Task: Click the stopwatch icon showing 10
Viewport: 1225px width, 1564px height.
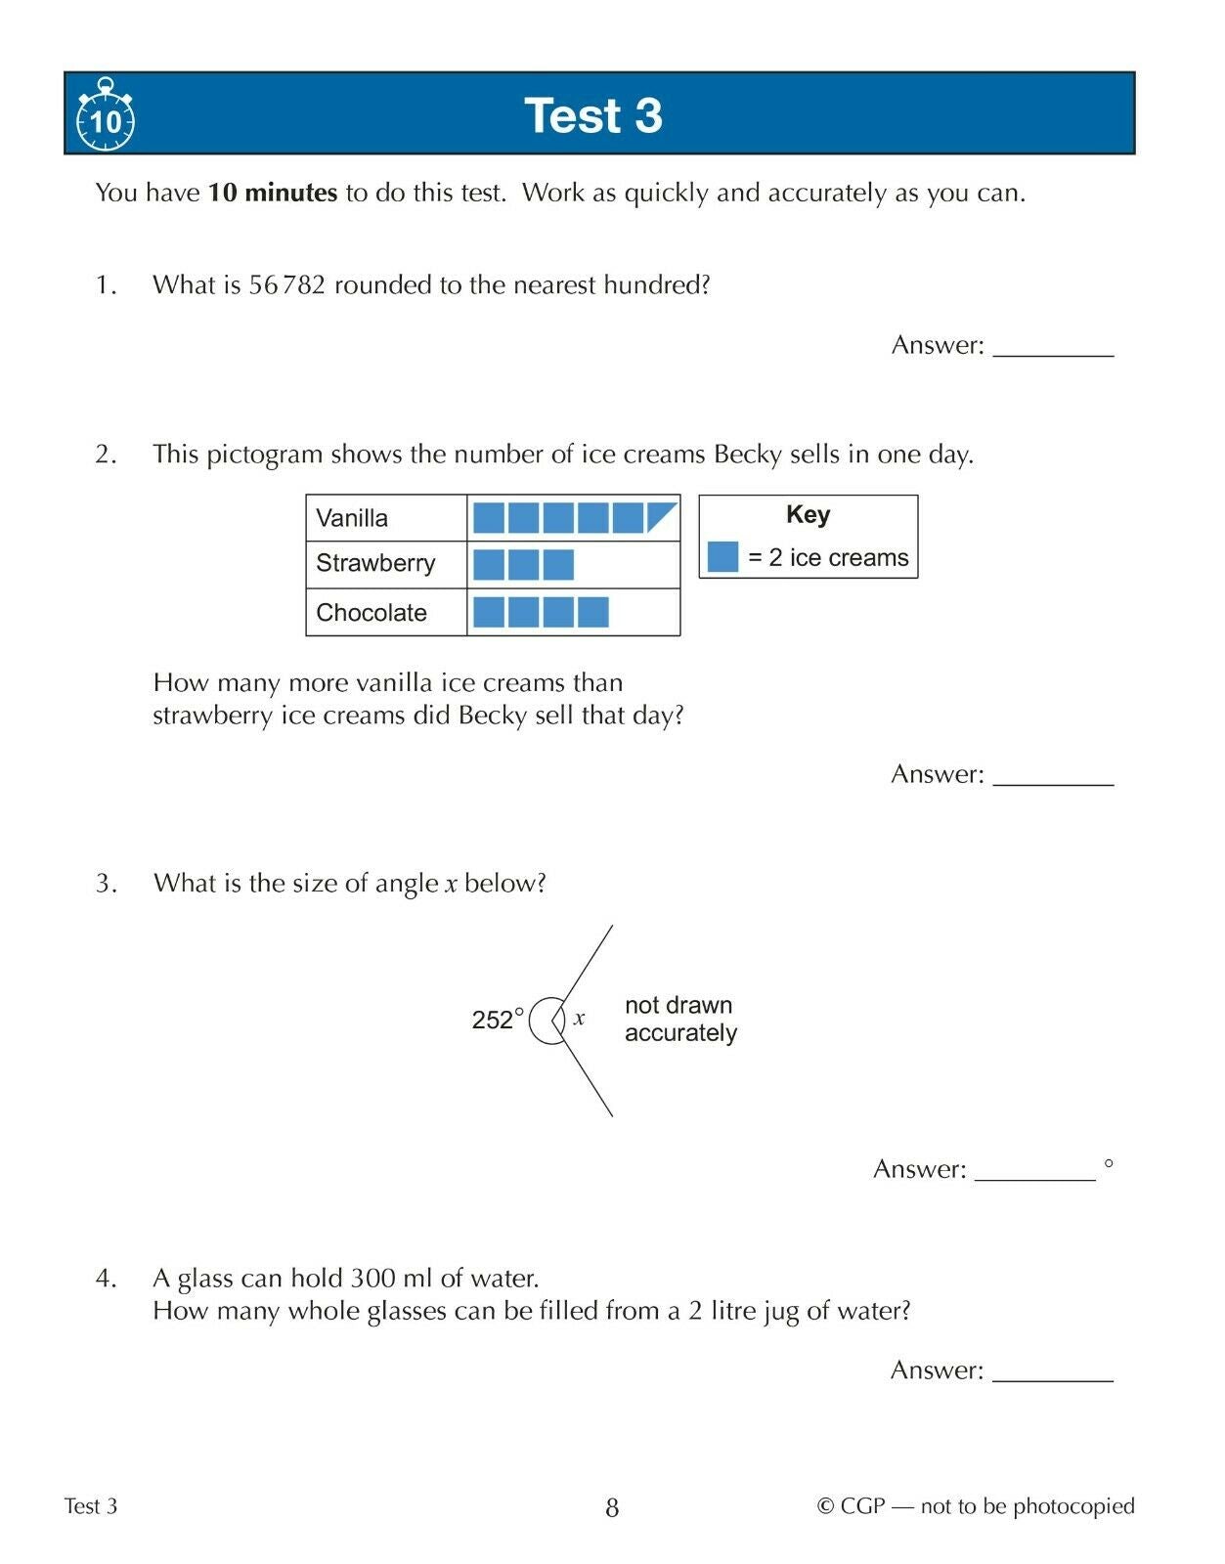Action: (x=106, y=117)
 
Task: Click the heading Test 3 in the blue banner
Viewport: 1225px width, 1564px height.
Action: (x=593, y=115)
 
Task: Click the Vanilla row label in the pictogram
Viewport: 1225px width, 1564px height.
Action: (x=352, y=518)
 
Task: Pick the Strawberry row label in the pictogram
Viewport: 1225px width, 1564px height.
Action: (x=375, y=564)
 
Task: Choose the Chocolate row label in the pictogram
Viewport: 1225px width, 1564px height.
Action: (x=372, y=613)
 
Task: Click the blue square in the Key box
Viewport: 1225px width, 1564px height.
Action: (x=722, y=557)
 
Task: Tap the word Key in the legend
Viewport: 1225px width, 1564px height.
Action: (x=808, y=515)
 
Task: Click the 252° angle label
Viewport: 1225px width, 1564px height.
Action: (x=498, y=1020)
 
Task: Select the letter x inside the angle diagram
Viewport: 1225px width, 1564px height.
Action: (x=580, y=1019)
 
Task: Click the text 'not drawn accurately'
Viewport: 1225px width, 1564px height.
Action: (x=680, y=1019)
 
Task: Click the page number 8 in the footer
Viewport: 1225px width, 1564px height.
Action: (x=612, y=1507)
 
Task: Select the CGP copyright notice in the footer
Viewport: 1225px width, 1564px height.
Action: (x=976, y=1506)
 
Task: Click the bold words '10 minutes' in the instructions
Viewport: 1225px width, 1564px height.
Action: (x=273, y=193)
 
